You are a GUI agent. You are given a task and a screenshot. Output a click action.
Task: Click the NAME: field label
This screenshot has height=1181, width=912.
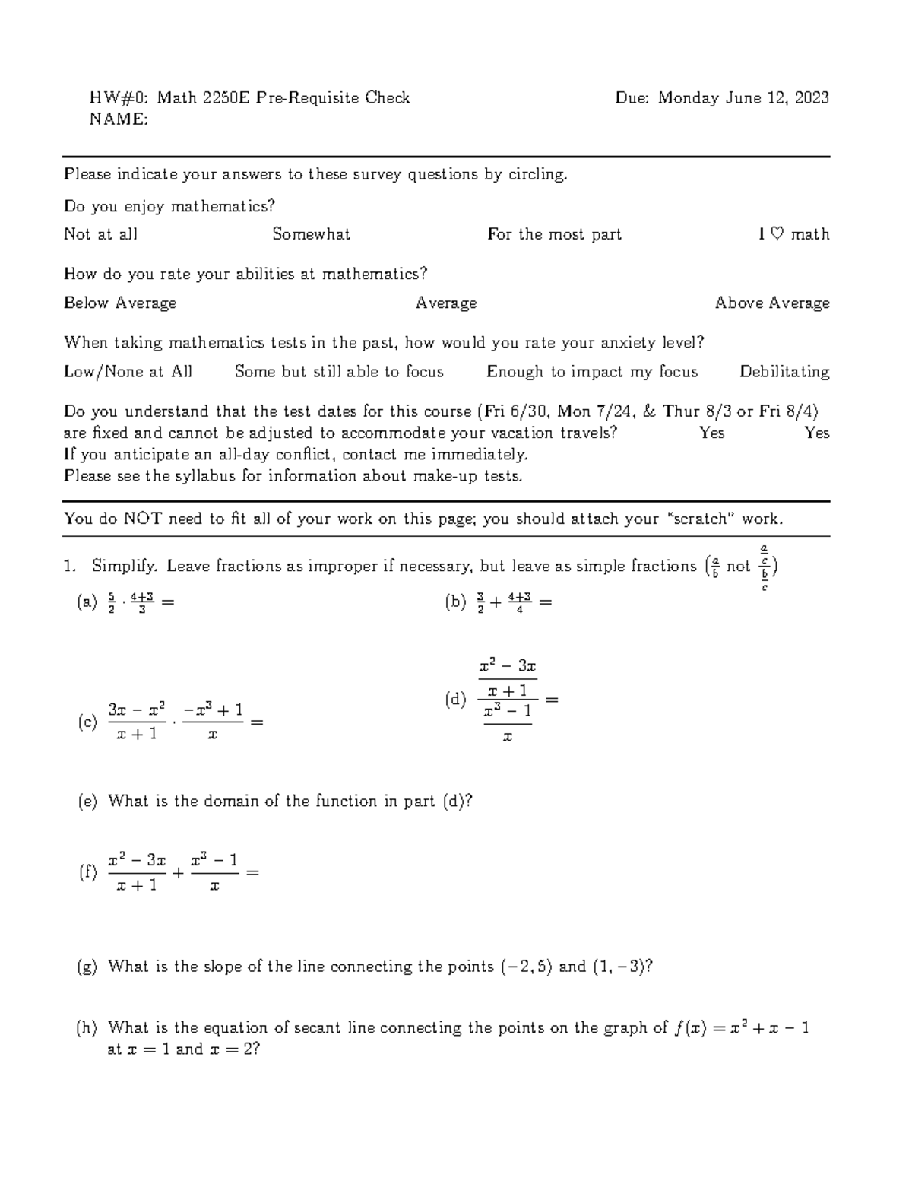point(119,119)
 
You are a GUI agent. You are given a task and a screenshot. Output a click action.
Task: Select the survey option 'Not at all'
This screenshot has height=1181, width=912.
point(100,234)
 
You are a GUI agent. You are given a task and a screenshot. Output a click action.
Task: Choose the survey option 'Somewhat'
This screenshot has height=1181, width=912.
point(311,234)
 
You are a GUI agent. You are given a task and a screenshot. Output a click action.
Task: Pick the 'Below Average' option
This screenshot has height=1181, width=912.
point(120,303)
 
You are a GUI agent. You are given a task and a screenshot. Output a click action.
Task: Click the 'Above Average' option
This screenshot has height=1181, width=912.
point(772,303)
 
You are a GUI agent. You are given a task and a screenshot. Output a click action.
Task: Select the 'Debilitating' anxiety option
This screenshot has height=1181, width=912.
point(784,372)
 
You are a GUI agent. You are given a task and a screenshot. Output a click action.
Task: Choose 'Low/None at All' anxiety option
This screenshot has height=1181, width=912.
point(128,372)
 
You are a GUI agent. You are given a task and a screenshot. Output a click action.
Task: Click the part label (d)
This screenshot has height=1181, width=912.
point(455,700)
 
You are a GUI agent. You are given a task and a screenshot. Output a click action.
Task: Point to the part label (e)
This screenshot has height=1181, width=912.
point(87,802)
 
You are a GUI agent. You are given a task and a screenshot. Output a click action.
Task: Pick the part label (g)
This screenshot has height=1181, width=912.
point(87,967)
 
